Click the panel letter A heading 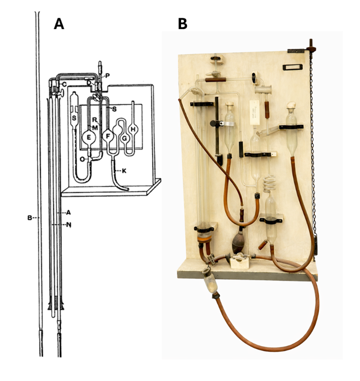coord(59,24)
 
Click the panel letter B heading coord(182,24)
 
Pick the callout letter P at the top coord(108,75)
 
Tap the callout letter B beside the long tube coord(30,218)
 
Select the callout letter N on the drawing coord(68,224)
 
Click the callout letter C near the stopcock coord(64,83)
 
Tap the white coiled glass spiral coord(271,184)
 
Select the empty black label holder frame coord(292,67)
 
